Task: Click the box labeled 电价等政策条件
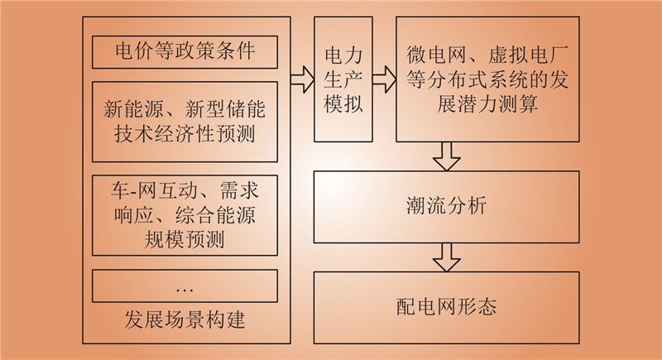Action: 185,52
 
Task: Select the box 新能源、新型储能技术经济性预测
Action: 185,122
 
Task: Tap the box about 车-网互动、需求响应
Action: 185,215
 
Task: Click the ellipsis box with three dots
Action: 185,286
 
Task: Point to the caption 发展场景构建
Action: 185,319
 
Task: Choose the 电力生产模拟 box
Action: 343,79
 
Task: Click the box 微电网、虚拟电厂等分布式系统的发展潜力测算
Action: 487,79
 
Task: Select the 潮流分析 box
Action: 446,207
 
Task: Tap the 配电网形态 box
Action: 446,308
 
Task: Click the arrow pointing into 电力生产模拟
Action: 302,79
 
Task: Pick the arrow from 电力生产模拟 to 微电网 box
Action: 384,79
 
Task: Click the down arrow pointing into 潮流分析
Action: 446,156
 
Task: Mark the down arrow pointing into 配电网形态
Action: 446,257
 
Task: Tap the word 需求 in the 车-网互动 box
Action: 239,191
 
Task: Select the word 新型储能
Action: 225,109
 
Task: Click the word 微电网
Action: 436,55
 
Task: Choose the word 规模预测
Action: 185,240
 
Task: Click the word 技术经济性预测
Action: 185,134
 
